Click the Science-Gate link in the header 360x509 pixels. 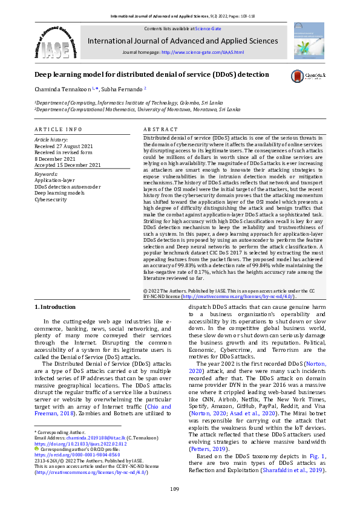(207, 28)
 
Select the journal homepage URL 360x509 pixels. (203, 53)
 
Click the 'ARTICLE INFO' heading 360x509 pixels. (58, 130)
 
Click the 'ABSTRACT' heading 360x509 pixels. (161, 130)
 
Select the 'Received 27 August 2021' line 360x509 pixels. (64, 146)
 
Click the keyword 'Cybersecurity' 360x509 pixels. (51, 199)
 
